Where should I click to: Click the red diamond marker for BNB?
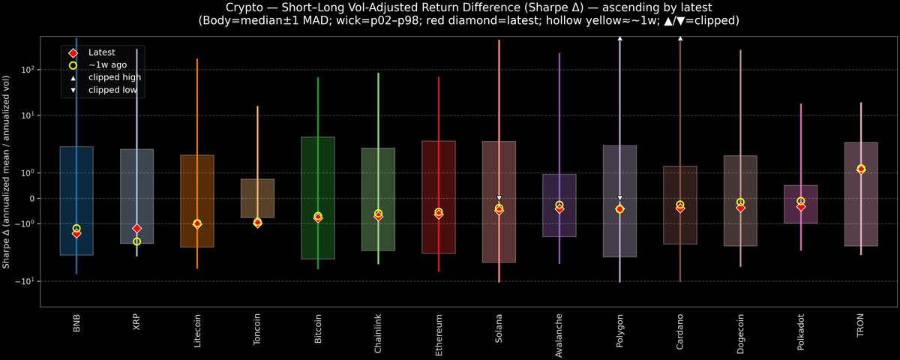pos(76,233)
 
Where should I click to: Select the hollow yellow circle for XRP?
pos(136,241)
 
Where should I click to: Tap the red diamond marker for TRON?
pos(861,169)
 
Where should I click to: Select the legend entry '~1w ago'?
pos(107,65)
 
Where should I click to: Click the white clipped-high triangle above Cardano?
pos(680,37)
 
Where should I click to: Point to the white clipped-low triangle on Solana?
pos(499,198)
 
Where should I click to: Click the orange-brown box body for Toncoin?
pos(257,198)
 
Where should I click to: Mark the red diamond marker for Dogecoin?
pos(740,208)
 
